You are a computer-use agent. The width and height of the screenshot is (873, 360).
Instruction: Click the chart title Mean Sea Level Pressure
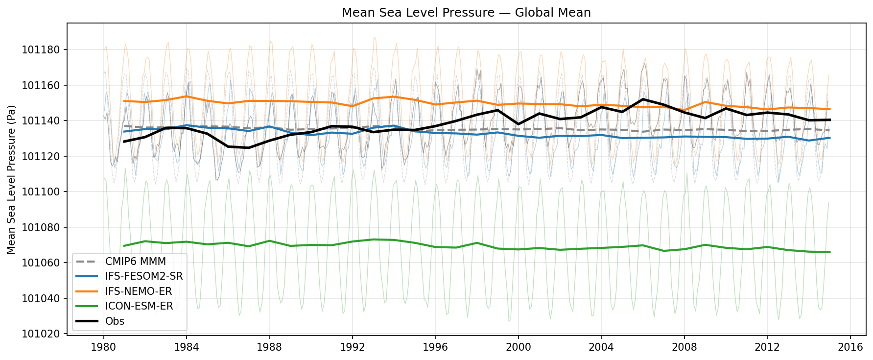(x=466, y=12)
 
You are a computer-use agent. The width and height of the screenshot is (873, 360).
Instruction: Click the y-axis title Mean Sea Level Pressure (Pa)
(x=11, y=179)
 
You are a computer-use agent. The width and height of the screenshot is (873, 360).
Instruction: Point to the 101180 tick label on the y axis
(x=41, y=50)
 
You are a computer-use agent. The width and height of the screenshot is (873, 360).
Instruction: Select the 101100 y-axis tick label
(x=41, y=192)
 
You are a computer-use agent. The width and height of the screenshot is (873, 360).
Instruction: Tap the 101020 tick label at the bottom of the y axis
(x=41, y=334)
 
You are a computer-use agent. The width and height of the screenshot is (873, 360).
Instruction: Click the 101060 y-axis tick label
(x=41, y=263)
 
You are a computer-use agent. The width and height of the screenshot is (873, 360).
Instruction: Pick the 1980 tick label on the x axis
(x=103, y=347)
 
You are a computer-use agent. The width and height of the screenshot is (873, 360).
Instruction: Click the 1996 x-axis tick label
(x=435, y=347)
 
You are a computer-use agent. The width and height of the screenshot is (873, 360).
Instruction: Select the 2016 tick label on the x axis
(x=850, y=347)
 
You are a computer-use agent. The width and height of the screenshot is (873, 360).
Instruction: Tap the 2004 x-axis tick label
(x=601, y=347)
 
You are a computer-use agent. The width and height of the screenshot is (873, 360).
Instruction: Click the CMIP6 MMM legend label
(x=135, y=262)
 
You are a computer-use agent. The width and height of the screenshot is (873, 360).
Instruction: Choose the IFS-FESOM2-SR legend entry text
(x=143, y=277)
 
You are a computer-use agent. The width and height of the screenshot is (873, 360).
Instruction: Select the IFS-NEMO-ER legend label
(x=138, y=291)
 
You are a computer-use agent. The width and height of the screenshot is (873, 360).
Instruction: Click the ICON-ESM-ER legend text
(x=139, y=307)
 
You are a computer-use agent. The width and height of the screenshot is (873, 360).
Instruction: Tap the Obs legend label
(x=115, y=321)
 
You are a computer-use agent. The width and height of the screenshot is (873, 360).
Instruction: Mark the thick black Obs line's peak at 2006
(x=643, y=99)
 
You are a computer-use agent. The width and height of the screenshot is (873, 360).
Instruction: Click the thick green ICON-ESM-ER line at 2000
(x=519, y=249)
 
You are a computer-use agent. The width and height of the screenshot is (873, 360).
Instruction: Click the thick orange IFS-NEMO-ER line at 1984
(x=186, y=96)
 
